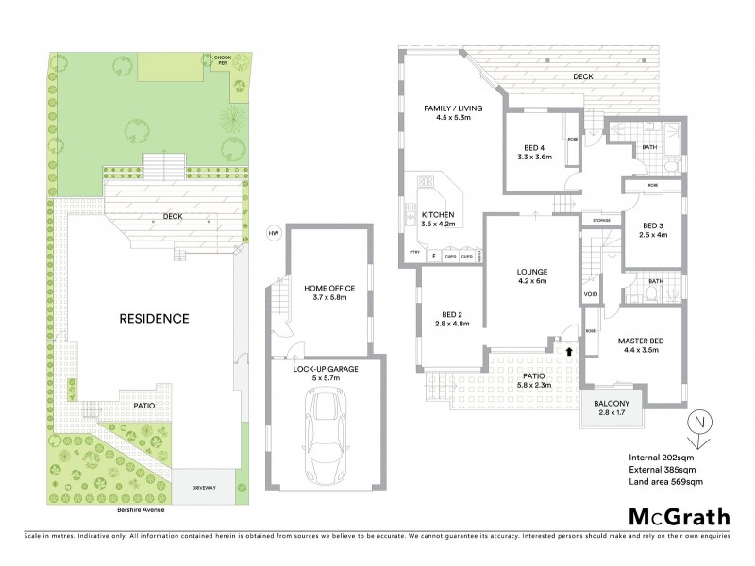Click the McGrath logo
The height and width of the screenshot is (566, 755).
point(679,516)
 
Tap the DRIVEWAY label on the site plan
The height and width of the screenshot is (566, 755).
point(205,488)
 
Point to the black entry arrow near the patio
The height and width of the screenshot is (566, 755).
point(569,351)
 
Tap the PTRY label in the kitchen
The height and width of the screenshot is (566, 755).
point(413,256)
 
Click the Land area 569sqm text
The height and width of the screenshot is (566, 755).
point(665,482)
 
